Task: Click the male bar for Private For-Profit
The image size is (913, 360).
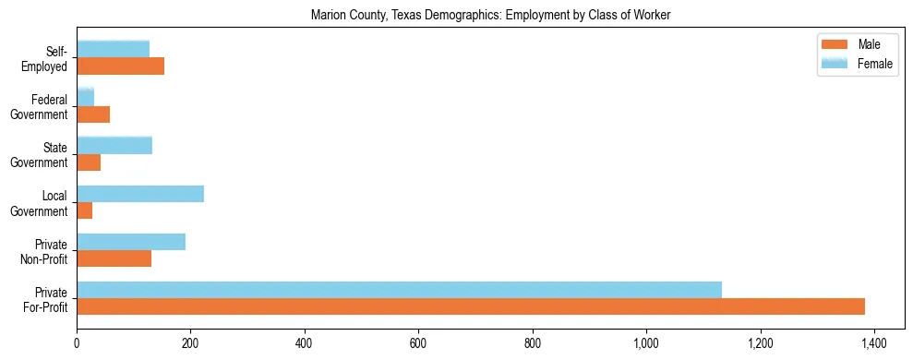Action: [x=471, y=306]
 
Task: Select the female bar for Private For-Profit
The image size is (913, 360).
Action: [x=399, y=290]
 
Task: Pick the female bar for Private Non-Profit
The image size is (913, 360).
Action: [x=131, y=242]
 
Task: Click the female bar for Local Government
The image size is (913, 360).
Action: [x=140, y=194]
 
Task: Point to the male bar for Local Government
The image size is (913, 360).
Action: [x=84, y=210]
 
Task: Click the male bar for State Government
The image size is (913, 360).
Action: [x=89, y=162]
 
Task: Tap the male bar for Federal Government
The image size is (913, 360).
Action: [x=93, y=114]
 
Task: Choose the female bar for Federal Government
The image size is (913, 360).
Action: [x=85, y=97]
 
